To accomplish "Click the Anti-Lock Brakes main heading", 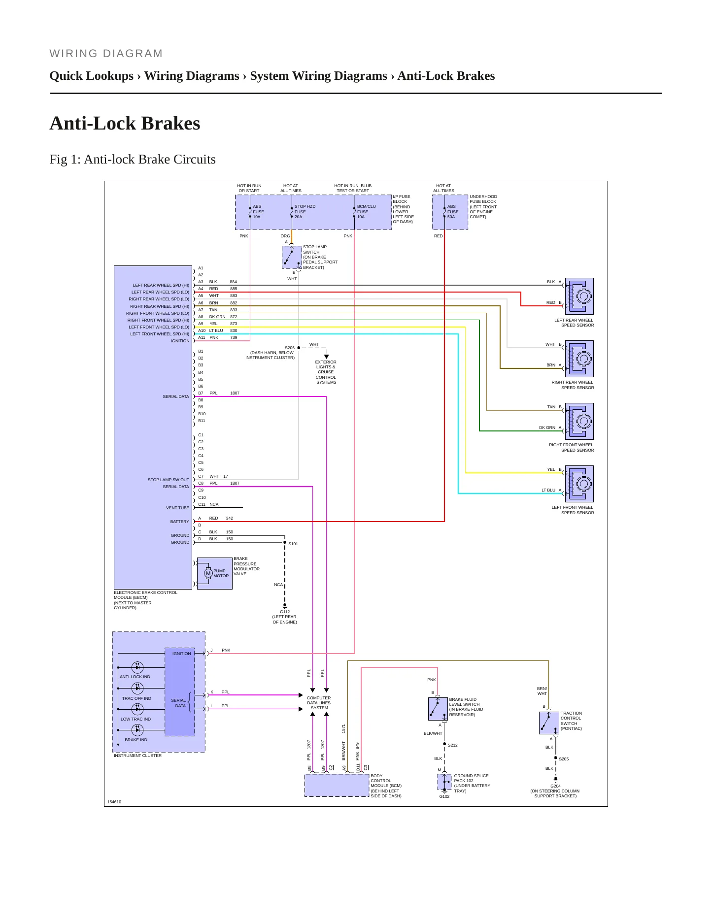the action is [x=125, y=123].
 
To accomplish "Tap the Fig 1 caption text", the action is [x=133, y=160].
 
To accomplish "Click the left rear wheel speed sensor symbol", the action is [x=579, y=296].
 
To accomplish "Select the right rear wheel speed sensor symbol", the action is [x=579, y=359].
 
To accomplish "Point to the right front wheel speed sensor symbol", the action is [x=579, y=421].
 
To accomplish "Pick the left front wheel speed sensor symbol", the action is [x=579, y=484].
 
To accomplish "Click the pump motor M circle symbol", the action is [x=208, y=573].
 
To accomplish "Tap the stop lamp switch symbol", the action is [x=292, y=257].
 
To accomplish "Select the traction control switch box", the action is [x=549, y=723].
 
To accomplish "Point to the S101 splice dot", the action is [x=285, y=542].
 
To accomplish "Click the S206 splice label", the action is [x=290, y=348].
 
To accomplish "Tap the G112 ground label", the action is [x=285, y=612].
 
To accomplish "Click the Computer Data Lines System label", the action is [x=319, y=703].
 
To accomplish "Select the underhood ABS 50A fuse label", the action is [x=452, y=212].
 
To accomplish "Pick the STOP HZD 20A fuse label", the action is [x=305, y=212].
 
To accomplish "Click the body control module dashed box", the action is [x=337, y=785].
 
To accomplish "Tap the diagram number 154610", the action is [x=114, y=802].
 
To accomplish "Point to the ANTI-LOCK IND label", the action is [x=135, y=677].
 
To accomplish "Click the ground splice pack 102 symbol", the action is [x=444, y=782].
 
